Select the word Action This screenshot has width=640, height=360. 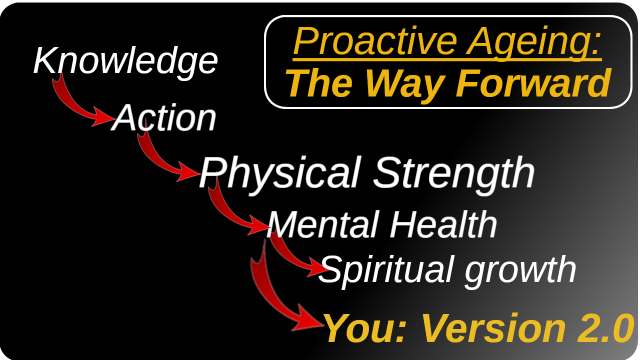tap(163, 117)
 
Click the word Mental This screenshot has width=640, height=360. tap(323, 224)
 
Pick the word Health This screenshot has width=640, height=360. tap(443, 224)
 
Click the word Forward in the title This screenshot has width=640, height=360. tap(533, 83)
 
